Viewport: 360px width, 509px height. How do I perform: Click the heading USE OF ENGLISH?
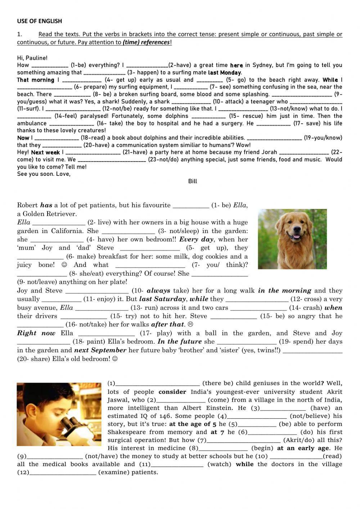[39, 21]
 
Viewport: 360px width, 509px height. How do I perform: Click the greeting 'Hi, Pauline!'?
[32, 58]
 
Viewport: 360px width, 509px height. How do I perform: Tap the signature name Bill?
[193, 181]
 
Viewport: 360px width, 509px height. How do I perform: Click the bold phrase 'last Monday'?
[225, 72]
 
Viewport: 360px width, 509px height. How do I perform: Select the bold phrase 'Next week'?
[45, 152]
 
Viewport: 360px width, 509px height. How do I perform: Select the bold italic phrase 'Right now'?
[36, 333]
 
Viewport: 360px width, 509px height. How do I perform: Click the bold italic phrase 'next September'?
[100, 350]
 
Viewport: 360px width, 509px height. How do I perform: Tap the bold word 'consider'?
[172, 392]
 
